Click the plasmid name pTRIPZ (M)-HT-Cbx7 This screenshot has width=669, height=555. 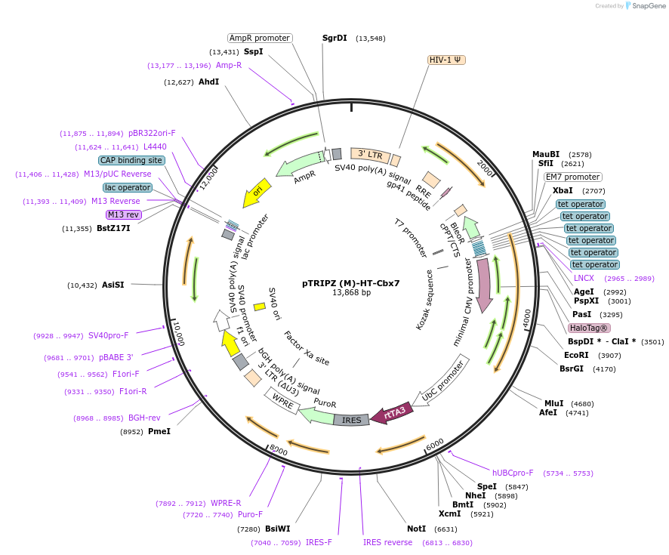point(351,283)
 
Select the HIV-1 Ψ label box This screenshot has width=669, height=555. point(446,60)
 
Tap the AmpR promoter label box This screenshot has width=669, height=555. point(260,38)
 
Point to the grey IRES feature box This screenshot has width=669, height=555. point(352,420)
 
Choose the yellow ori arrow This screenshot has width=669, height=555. point(257,193)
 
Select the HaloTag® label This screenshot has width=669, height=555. point(589,328)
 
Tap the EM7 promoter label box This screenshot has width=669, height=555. point(573,177)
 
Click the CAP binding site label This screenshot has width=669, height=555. point(131,160)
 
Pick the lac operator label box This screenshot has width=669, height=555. point(128,187)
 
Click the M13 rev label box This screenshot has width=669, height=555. point(125,214)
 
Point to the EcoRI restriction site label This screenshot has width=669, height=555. point(577,355)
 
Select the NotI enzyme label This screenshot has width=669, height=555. point(416,529)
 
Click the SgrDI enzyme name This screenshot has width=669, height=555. point(334,38)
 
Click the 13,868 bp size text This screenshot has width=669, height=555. point(351,293)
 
